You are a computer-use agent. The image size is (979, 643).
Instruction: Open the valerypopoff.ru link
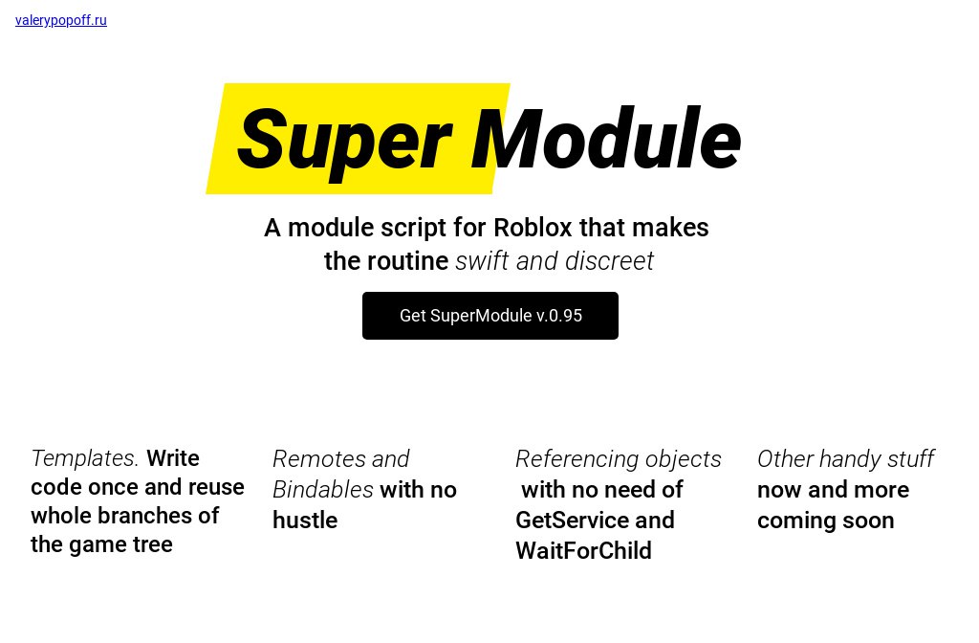click(x=61, y=20)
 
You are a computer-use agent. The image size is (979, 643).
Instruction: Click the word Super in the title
click(x=344, y=143)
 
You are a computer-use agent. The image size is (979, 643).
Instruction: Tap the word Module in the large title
click(x=606, y=138)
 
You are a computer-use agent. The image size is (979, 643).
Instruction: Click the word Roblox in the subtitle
click(x=533, y=228)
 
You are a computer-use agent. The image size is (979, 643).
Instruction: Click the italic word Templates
click(x=85, y=458)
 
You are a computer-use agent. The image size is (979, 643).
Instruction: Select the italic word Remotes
click(x=319, y=458)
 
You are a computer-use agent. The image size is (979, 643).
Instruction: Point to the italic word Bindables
click(x=323, y=489)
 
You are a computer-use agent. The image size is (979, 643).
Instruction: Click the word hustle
click(x=305, y=520)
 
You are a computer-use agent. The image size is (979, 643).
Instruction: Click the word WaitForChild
click(x=584, y=550)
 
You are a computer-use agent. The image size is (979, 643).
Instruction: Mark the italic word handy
click(x=849, y=459)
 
